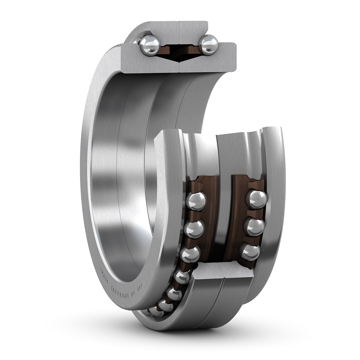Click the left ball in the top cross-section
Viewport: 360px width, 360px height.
pyautogui.click(x=149, y=45)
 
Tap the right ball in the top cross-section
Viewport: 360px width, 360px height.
pyautogui.click(x=208, y=45)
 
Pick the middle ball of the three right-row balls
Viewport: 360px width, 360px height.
pyautogui.click(x=254, y=227)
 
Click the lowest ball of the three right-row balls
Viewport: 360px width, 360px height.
pyautogui.click(x=250, y=252)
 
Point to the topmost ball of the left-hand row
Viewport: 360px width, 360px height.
pyautogui.click(x=196, y=201)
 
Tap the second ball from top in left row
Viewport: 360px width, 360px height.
pyautogui.click(x=194, y=229)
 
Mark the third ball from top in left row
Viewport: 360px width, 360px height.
pyautogui.click(x=190, y=254)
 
